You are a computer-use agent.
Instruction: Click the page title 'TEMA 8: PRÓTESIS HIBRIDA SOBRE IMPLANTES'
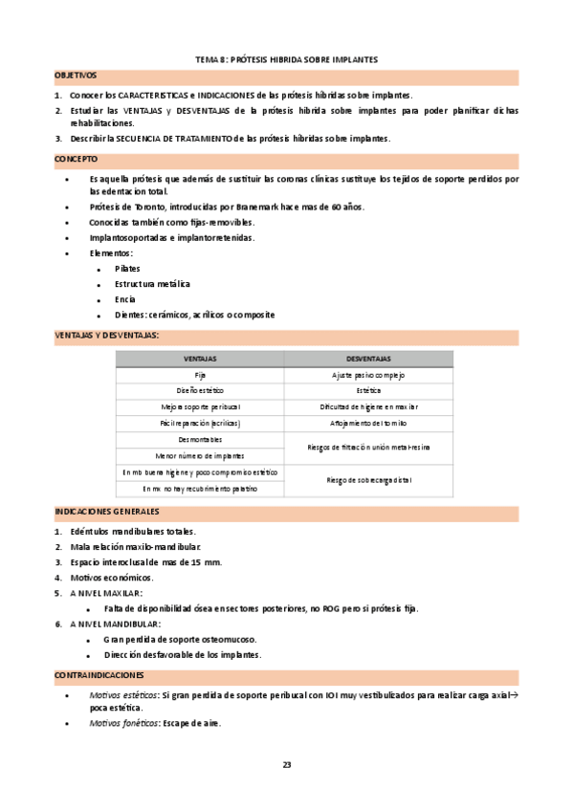click(x=286, y=59)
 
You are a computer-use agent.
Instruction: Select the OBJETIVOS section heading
click(x=76, y=75)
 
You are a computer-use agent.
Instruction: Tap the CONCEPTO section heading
click(x=75, y=158)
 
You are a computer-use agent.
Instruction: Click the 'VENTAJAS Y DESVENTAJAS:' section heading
click(x=106, y=335)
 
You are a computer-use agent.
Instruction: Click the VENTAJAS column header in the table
click(x=200, y=358)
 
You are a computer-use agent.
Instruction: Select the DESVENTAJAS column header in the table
click(x=368, y=358)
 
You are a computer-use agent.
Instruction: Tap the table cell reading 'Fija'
click(x=200, y=374)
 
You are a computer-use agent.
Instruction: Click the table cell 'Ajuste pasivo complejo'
click(x=368, y=374)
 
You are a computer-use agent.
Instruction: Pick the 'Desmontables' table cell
click(x=200, y=439)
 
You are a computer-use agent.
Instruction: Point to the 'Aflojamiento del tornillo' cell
click(x=368, y=423)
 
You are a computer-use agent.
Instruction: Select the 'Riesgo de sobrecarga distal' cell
click(x=368, y=480)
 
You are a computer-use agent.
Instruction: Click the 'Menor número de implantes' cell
click(x=200, y=455)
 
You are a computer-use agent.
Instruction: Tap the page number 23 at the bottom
click(x=286, y=763)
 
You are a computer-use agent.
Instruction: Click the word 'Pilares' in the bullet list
click(x=127, y=269)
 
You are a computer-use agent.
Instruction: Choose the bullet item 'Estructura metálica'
click(x=152, y=284)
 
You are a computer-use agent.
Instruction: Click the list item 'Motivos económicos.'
click(x=111, y=578)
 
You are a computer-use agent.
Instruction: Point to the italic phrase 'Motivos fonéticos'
click(x=123, y=723)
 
